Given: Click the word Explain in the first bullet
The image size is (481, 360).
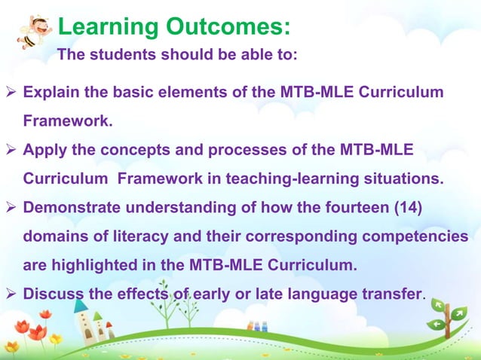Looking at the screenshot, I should coord(52,93).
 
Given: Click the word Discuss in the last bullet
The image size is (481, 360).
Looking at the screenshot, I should coord(54,294).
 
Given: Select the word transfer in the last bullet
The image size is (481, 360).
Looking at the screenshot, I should coord(392,294).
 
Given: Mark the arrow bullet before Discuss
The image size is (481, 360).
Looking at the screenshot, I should coord(12,294).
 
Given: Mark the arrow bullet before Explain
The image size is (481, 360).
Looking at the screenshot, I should coord(12,93).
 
